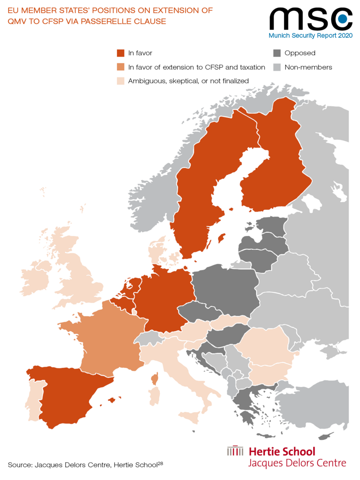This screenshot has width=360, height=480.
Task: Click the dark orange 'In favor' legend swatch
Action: [x=121, y=53]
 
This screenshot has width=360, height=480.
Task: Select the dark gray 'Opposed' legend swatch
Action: [x=277, y=53]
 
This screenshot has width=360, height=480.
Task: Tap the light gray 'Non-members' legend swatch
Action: [x=277, y=67]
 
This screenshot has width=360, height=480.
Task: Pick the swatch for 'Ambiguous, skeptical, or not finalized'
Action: [x=121, y=81]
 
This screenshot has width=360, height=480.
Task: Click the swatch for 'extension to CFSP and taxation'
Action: [x=121, y=67]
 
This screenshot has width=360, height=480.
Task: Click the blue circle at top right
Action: [x=342, y=18]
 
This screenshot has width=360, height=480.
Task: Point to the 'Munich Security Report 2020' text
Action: [x=310, y=36]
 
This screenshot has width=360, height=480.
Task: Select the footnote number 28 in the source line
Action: [x=159, y=462]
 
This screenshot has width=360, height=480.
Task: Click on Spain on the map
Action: [x=67, y=396]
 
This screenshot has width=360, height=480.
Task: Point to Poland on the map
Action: [x=225, y=286]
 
